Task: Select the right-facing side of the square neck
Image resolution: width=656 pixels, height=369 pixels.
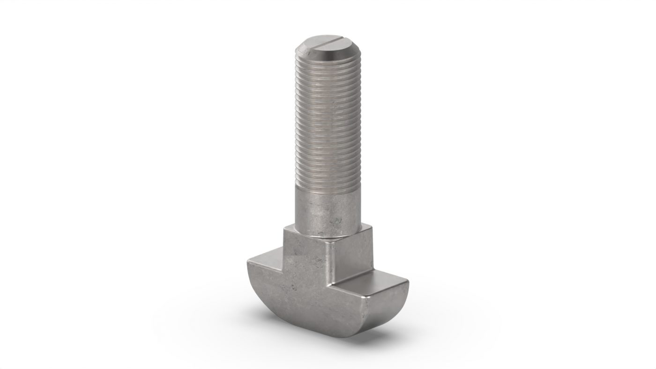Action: [351, 258]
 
